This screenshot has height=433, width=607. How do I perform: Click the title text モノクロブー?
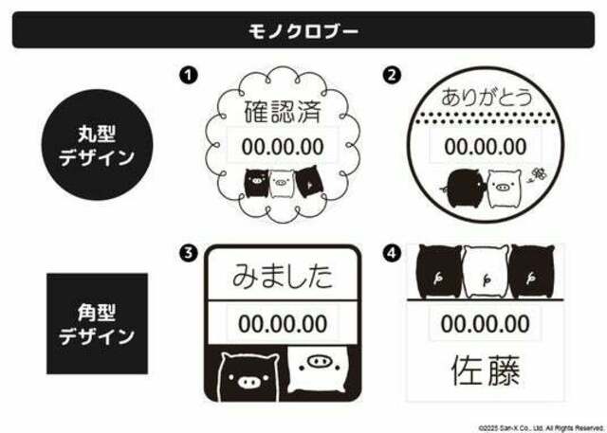(x=303, y=31)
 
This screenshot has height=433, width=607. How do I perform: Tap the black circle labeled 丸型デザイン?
(x=97, y=145)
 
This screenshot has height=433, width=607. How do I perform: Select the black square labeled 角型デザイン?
(x=97, y=324)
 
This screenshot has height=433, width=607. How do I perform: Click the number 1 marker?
(x=189, y=75)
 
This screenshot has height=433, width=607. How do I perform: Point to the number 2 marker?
(x=392, y=75)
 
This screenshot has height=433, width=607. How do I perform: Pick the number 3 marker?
(x=189, y=253)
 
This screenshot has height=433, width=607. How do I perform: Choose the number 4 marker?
(x=392, y=253)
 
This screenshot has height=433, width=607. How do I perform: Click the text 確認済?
(x=283, y=112)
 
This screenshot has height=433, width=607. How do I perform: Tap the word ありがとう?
(x=487, y=97)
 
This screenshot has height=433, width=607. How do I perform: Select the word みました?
(x=283, y=276)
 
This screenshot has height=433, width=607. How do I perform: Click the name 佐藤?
(x=486, y=370)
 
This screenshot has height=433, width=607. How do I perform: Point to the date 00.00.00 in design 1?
(x=283, y=147)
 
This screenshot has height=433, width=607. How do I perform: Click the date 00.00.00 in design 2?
(x=486, y=147)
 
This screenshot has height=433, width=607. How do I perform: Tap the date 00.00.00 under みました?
(x=283, y=324)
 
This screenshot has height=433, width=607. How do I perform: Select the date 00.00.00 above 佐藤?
(x=485, y=324)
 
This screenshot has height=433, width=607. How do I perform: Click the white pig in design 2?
(x=504, y=189)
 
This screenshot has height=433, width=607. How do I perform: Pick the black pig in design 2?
(x=465, y=189)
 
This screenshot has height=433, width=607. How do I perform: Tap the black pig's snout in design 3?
(x=248, y=383)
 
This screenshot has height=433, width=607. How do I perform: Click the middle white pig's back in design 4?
(x=487, y=272)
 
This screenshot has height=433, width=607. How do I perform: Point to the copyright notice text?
(x=541, y=428)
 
